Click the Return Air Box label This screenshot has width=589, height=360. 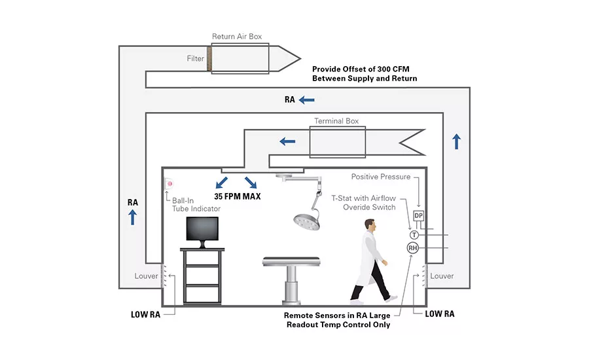click(237, 37)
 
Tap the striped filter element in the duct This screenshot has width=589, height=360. click(209, 59)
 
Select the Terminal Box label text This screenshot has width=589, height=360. click(336, 121)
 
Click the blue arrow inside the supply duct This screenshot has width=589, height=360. click(287, 141)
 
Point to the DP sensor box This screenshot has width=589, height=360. click(418, 216)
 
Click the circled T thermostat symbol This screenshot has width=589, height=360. click(414, 235)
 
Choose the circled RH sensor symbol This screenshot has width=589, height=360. click(413, 248)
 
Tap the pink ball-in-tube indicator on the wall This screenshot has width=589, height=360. click(170, 184)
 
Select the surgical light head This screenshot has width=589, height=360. click(307, 221)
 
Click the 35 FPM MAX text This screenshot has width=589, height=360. click(238, 196)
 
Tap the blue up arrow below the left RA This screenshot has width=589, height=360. click(133, 217)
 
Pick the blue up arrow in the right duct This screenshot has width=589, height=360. click(456, 141)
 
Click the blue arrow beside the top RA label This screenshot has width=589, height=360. click(306, 100)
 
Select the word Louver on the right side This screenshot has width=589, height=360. click(442, 276)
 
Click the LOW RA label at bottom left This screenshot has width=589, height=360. click(145, 315)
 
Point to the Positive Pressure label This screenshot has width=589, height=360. click(380, 177)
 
